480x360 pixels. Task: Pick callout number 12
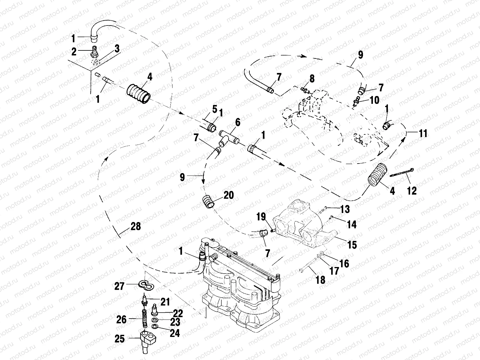point(412,190)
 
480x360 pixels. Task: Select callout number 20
point(229,195)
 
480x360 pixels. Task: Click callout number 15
point(352,244)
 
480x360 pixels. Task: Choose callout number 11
point(423,133)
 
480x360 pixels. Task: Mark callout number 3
point(117,48)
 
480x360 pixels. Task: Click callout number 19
point(261,217)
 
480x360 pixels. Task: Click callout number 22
point(178,313)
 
